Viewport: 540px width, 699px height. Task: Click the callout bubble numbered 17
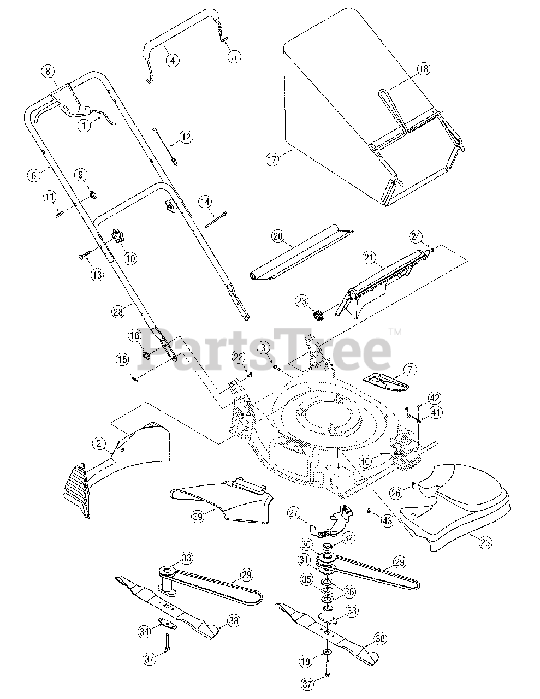pos(272,159)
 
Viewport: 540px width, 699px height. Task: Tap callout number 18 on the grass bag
pos(424,69)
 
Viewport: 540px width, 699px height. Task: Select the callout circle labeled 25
pos(484,542)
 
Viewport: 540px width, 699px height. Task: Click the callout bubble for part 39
pos(195,514)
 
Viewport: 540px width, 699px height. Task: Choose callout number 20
pos(278,236)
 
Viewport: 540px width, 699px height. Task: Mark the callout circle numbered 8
pos(48,71)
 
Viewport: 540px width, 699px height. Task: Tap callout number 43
pos(387,521)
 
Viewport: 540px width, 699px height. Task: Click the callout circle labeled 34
pos(144,632)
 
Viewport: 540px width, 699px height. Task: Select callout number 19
pos(306,661)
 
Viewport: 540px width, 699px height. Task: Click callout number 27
pos(294,513)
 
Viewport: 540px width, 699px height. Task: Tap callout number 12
pos(186,137)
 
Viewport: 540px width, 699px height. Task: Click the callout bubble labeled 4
pos(172,60)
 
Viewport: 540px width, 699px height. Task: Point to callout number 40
pos(365,461)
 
